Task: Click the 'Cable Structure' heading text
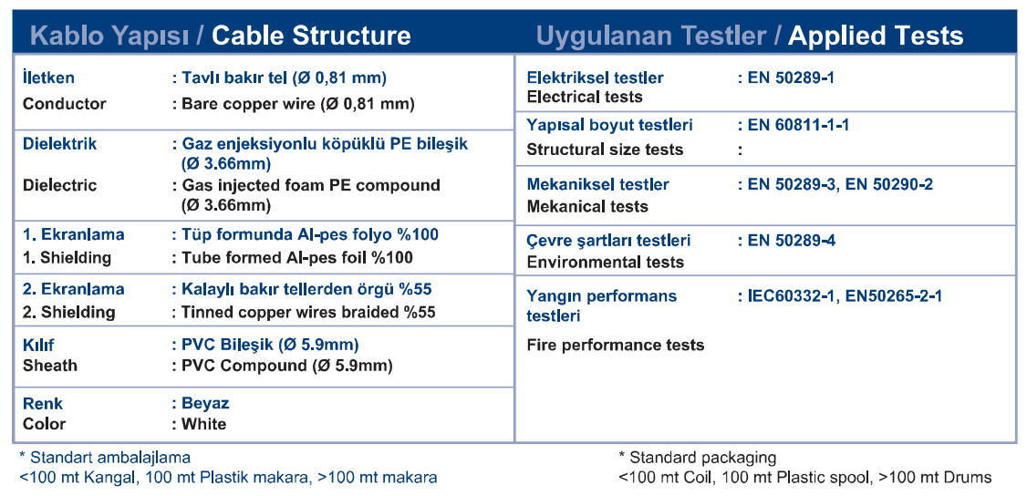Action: [311, 36]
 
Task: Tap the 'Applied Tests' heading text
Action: [876, 36]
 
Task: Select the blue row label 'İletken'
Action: [48, 77]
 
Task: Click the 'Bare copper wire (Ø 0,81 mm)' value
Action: [298, 104]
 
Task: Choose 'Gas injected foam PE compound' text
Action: [310, 186]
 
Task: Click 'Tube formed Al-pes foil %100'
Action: [297, 258]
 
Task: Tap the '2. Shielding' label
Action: [68, 313]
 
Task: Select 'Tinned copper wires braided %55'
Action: [308, 313]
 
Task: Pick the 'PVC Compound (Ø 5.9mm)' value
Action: [287, 366]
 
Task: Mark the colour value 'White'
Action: [203, 424]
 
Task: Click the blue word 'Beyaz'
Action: [205, 403]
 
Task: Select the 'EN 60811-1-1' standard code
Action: [798, 125]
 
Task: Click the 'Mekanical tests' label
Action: [587, 207]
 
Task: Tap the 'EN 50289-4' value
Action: [791, 241]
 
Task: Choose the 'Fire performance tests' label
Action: [616, 345]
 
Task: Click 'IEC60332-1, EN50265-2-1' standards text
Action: [845, 296]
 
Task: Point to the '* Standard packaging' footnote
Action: [697, 458]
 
